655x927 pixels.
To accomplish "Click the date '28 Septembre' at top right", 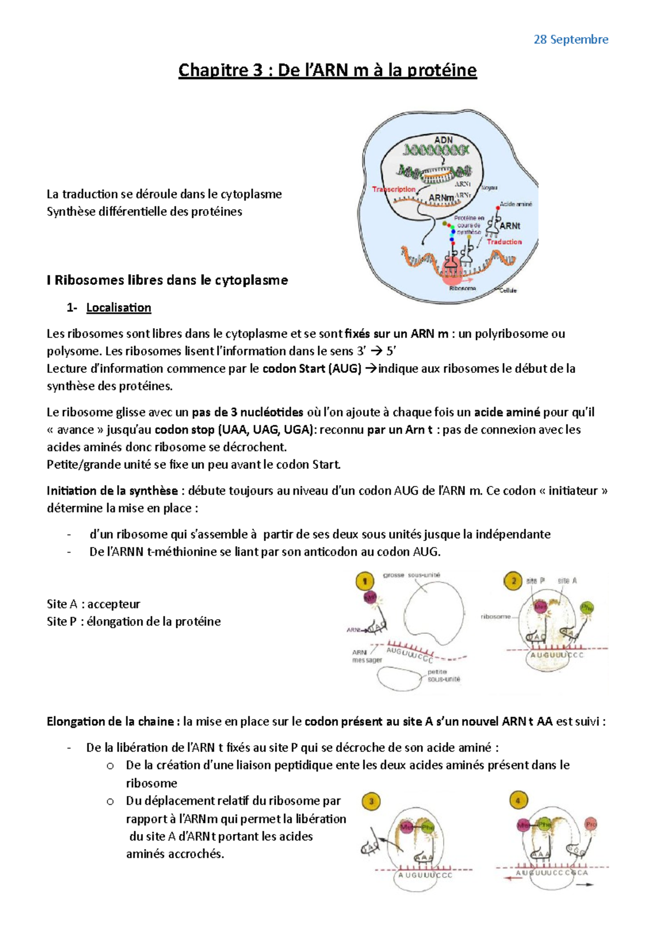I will point(570,39).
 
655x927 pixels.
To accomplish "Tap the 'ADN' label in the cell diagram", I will point(443,140).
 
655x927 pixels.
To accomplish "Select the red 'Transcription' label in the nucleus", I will point(394,189).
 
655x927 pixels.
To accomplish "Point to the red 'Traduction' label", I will point(504,242).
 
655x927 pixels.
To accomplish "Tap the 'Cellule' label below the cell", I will point(508,290).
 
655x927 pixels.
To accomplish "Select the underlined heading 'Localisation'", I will point(118,308).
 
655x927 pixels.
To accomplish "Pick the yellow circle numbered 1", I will point(364,581).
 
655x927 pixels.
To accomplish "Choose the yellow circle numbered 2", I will point(513,581).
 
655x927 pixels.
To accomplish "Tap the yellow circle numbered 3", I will point(371,801).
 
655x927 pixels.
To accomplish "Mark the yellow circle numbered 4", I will point(518,801).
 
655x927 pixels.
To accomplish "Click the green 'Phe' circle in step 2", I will point(587,608).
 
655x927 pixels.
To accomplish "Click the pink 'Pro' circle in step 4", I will point(591,824).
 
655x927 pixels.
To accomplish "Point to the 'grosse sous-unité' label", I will point(412,575).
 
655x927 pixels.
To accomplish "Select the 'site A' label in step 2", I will point(567,581).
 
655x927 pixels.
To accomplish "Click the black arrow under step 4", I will point(584,884).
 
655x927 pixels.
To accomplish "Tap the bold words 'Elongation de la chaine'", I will point(110,722).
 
